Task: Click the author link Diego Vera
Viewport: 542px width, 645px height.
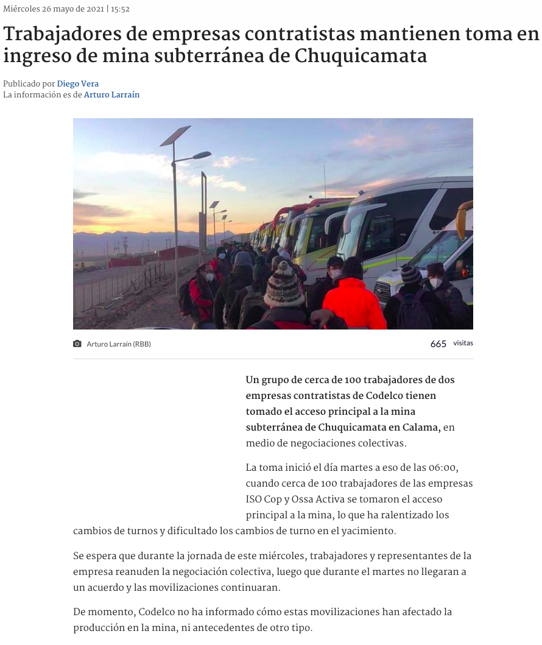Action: (78, 84)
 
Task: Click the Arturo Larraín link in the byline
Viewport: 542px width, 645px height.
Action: (111, 95)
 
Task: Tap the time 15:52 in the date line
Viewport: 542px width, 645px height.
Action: (120, 9)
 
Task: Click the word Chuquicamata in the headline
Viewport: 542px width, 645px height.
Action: (361, 57)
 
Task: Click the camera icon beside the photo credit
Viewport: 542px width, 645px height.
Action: (77, 344)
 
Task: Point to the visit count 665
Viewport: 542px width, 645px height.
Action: (438, 344)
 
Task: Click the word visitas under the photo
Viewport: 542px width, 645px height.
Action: (463, 344)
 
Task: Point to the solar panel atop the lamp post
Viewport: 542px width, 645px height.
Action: (175, 135)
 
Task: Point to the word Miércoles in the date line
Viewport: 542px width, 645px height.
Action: (21, 9)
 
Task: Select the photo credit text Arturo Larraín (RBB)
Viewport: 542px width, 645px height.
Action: (119, 344)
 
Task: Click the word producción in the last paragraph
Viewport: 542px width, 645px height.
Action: (99, 628)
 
